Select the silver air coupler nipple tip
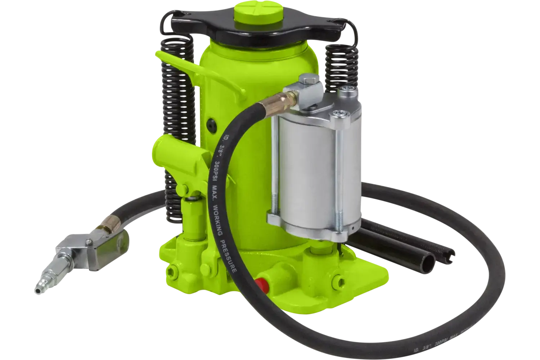[43, 284]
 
